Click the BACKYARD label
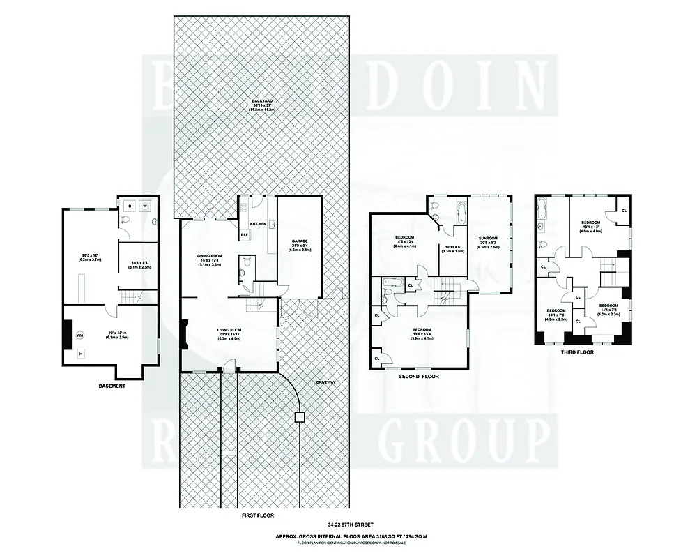pos(263,102)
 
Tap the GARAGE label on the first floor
pos(300,241)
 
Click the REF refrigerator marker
pos(245,235)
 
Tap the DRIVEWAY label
pos(325,382)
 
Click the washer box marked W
pos(145,206)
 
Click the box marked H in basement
pos(80,354)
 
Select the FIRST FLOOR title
pos(257,515)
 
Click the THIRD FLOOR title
pos(577,353)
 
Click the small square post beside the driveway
pos(300,417)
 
